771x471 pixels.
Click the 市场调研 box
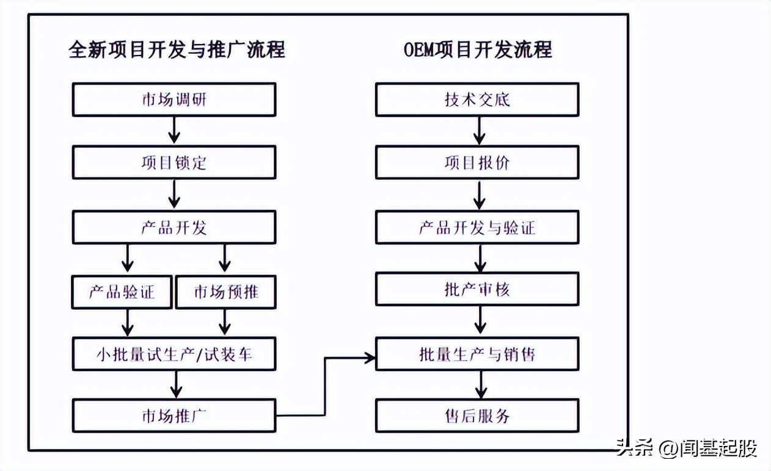pos(174,99)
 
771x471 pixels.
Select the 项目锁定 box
pos(174,163)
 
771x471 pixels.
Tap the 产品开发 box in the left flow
pos(174,228)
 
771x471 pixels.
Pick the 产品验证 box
pos(122,292)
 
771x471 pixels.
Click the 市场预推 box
pos(226,292)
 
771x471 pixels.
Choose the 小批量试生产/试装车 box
pos(174,354)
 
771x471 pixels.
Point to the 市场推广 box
pos(174,416)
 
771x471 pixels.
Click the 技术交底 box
pos(477,99)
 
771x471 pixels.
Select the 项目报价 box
pos(477,163)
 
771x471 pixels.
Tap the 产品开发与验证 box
pos(477,228)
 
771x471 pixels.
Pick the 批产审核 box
pos(477,289)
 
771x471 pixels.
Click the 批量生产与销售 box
pos(477,354)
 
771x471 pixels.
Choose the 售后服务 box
pos(477,416)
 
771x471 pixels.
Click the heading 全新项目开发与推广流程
pos(177,49)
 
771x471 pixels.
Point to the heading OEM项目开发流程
pos(478,49)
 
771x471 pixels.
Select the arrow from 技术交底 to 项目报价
pos(480,131)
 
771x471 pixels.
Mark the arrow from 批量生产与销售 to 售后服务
pos(480,384)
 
